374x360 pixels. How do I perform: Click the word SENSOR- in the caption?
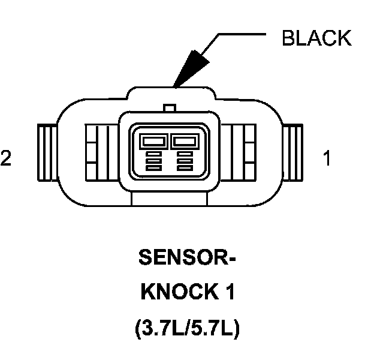(x=187, y=257)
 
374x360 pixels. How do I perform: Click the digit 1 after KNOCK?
(x=228, y=293)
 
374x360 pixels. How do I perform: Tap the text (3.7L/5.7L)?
(x=187, y=329)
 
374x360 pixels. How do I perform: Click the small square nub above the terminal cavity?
(x=169, y=108)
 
